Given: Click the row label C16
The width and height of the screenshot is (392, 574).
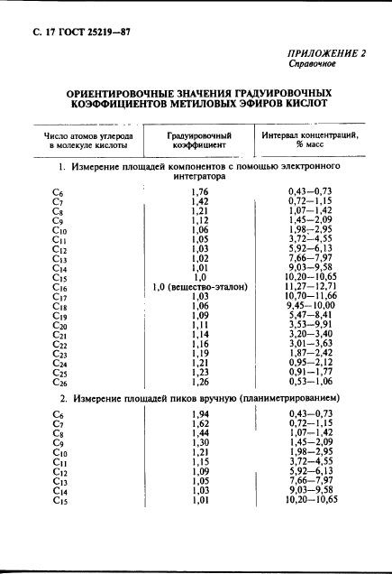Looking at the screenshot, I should (60, 288).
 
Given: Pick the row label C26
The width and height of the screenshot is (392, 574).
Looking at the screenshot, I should (60, 383).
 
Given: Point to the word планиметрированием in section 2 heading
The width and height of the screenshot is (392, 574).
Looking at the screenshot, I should (280, 397).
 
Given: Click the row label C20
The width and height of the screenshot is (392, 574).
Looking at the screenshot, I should (60, 326).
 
